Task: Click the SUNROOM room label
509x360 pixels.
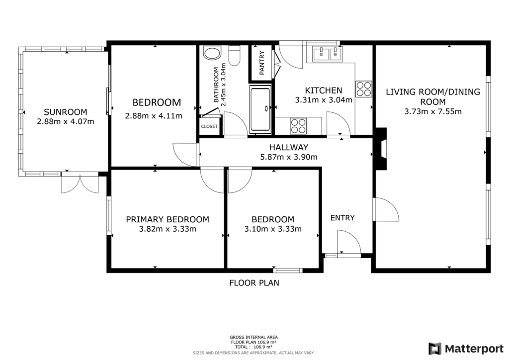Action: tap(65, 112)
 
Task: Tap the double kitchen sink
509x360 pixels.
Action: tap(328, 53)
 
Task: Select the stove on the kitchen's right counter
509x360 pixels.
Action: tap(363, 89)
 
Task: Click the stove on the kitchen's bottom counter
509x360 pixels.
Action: tap(298, 125)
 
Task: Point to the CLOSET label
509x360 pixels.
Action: tap(209, 126)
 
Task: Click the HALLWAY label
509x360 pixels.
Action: tap(289, 147)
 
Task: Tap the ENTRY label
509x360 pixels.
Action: tap(342, 217)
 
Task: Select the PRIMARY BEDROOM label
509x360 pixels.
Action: tap(168, 219)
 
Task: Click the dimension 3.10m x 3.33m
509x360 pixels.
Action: tap(273, 229)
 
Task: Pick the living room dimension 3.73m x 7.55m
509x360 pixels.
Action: tap(433, 111)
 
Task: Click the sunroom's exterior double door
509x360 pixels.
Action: tap(80, 183)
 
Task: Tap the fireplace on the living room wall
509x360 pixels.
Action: tap(380, 149)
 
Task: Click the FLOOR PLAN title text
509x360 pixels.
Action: tap(254, 283)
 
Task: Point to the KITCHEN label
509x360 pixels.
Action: tap(324, 90)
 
